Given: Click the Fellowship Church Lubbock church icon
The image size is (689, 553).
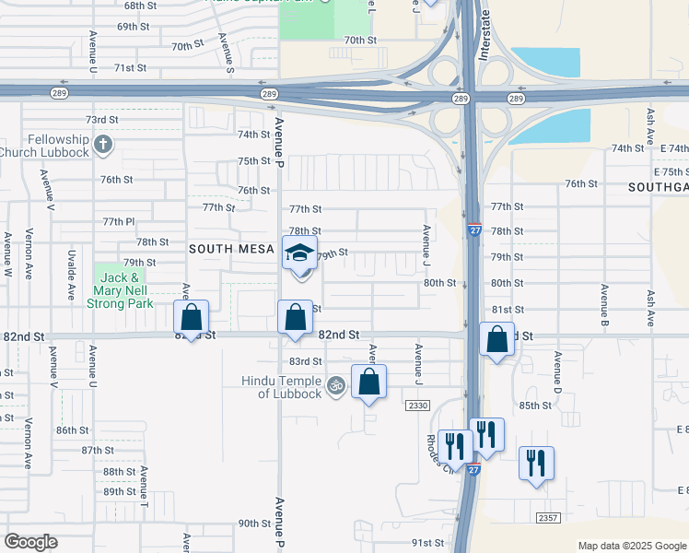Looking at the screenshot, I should tap(103, 144).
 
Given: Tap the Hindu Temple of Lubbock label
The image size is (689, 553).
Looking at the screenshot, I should tap(282, 387).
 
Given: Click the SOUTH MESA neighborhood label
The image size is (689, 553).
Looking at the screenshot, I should tap(233, 249).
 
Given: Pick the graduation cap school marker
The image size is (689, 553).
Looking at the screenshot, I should tap(299, 253).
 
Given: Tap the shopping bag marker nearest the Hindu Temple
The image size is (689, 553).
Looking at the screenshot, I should tap(368, 382).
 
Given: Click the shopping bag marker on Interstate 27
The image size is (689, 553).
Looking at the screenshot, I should tap(496, 338).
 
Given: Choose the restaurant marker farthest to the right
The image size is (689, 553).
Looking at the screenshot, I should tap(536, 462).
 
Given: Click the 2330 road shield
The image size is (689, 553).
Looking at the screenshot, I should tap(417, 405).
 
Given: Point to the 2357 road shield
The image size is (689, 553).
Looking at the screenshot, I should tap(548, 518).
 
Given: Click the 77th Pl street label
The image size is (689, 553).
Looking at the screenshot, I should tap(119, 222).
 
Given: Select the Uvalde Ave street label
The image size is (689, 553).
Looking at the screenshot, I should tap(71, 276).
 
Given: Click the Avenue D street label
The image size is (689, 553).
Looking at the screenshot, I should tap(557, 369).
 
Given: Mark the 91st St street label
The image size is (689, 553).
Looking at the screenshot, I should tap(427, 543).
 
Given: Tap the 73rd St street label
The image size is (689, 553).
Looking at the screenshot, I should tap(101, 120).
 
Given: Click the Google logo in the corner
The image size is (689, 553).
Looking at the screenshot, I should tap(30, 542).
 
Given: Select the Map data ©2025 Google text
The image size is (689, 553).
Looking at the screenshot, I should tap(631, 546).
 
